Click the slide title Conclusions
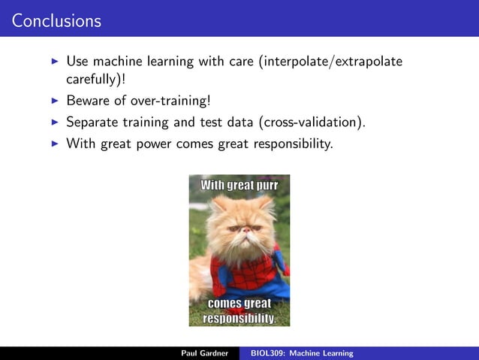click(56, 21)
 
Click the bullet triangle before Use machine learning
click(54, 61)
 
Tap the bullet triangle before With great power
click(54, 143)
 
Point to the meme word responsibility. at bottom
click(239, 318)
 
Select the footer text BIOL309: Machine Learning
click(302, 353)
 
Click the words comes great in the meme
click(239, 304)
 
